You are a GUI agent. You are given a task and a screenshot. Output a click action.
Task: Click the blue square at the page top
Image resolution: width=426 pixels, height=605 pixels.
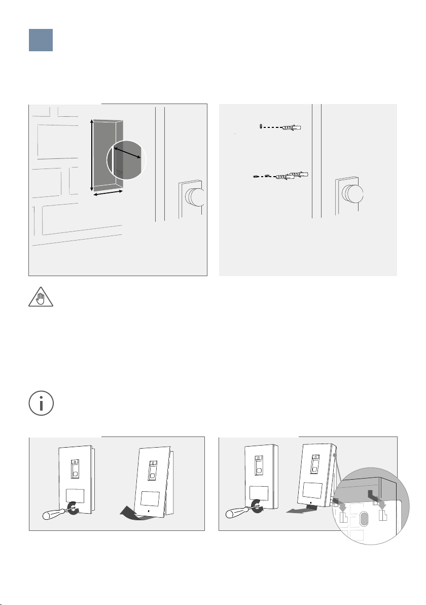tap(41, 40)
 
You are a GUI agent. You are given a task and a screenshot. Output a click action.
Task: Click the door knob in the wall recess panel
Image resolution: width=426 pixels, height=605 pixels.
tap(195, 197)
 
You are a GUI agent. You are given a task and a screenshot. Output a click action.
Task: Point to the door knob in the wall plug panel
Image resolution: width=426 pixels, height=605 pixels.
tap(353, 194)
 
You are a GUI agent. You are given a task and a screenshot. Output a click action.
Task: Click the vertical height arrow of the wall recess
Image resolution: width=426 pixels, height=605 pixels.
tap(92, 154)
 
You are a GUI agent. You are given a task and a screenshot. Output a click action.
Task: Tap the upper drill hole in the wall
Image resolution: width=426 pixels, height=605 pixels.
tap(260, 126)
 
